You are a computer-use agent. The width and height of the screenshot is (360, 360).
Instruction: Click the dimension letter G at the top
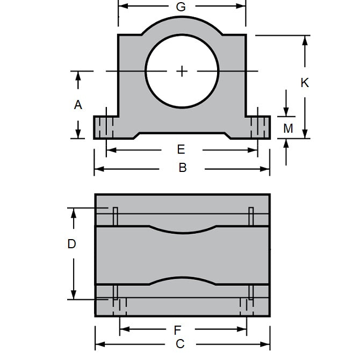(x=181, y=7)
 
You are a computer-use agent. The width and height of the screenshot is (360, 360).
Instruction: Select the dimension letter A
(x=78, y=105)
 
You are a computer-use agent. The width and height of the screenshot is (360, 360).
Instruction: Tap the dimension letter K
(x=305, y=83)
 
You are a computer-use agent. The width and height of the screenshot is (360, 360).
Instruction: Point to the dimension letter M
(x=289, y=128)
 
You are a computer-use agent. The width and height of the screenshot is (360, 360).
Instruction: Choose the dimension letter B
(x=182, y=168)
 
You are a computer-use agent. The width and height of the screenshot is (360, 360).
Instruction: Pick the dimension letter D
(x=71, y=244)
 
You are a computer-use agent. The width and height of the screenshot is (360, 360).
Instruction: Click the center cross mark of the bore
(x=182, y=71)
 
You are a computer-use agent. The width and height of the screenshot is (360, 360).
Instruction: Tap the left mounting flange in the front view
(x=106, y=127)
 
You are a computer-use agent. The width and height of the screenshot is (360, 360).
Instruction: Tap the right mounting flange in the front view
(x=258, y=127)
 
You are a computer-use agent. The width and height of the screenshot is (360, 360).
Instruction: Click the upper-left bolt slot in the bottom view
(x=115, y=216)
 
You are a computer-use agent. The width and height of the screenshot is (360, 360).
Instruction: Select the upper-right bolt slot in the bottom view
(x=251, y=216)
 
